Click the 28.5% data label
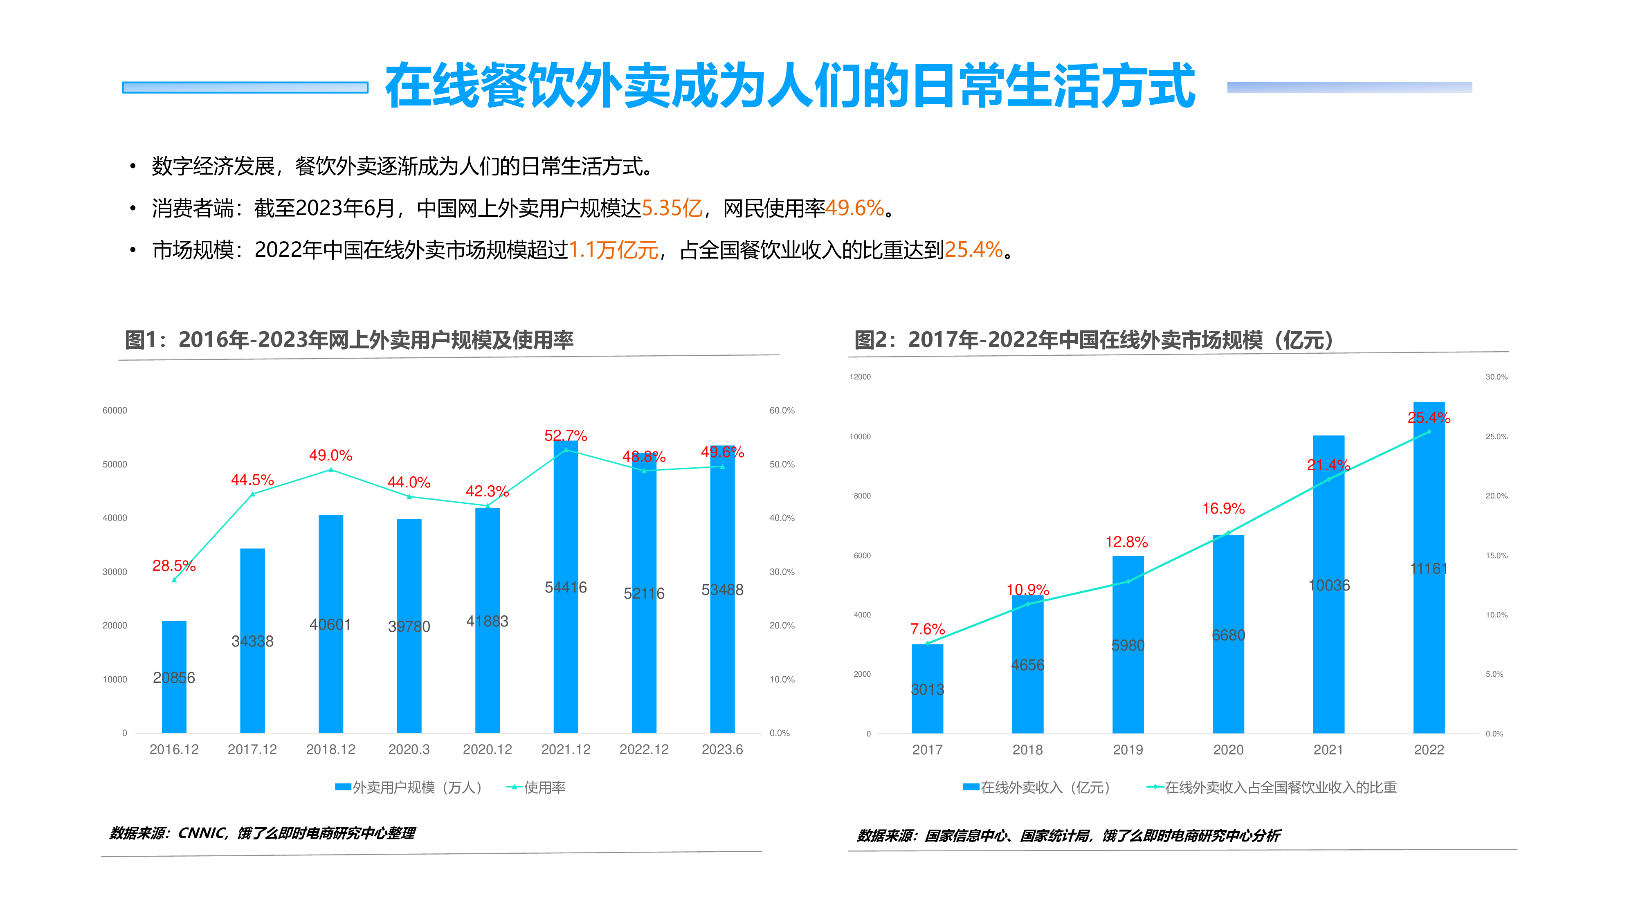coord(173,566)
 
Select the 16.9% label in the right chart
coord(1223,509)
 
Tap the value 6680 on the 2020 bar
coord(1228,635)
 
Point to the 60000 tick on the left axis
coord(115,411)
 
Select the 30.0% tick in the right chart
coord(1496,377)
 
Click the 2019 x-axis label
coord(1128,750)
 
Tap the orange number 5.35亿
coord(672,208)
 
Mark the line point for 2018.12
coord(331,470)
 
